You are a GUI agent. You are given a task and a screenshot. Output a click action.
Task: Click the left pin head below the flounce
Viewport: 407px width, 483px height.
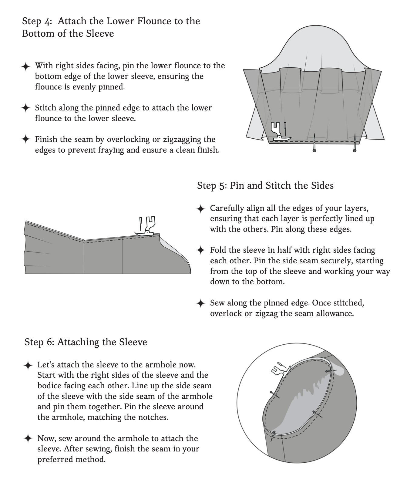pos(314,150)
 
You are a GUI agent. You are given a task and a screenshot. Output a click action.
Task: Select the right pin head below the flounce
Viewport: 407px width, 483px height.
pos(355,150)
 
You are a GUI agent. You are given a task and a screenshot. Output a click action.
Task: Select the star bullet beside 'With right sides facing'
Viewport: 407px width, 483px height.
pos(26,67)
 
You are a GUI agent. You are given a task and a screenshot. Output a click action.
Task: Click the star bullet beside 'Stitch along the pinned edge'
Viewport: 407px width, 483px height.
pos(26,108)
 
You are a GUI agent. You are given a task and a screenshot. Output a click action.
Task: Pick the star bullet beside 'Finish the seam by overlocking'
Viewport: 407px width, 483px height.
pos(26,139)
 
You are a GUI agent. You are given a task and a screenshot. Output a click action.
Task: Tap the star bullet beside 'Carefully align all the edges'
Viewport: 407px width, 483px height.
pos(201,209)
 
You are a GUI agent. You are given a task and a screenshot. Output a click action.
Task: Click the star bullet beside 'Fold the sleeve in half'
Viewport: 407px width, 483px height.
pos(201,250)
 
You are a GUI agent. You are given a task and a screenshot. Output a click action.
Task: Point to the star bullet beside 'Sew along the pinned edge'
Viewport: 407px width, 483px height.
pos(201,303)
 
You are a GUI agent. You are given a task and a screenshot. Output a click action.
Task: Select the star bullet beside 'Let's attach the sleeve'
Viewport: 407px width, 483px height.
pos(28,366)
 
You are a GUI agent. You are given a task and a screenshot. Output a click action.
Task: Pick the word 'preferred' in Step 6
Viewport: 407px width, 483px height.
pos(55,459)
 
